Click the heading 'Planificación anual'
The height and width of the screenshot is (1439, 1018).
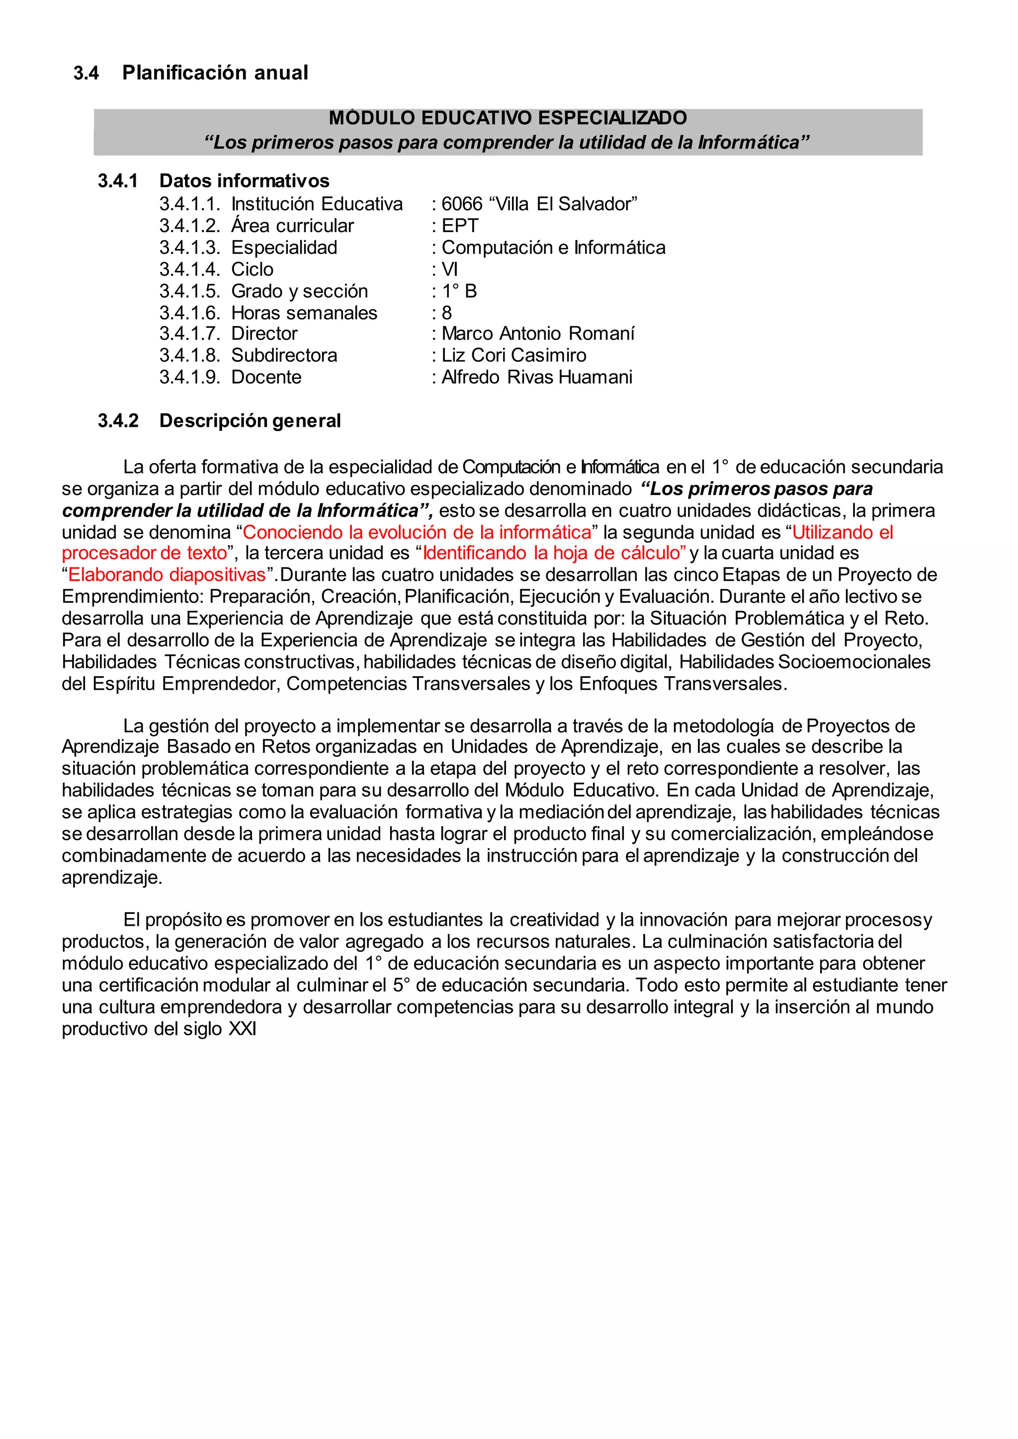[215, 73]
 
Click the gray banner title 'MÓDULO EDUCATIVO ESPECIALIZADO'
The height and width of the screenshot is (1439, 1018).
[508, 118]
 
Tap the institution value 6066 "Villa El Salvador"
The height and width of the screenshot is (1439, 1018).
[539, 204]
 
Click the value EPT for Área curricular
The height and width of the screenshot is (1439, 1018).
[460, 226]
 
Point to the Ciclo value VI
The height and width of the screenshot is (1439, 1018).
[450, 269]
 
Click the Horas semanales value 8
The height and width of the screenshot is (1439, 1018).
[447, 313]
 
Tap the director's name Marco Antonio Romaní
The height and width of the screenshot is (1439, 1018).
[538, 333]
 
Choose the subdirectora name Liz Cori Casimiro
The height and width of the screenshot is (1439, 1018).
[514, 355]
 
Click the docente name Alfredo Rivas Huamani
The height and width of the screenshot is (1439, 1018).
[536, 377]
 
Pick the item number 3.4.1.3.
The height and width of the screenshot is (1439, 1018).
[189, 247]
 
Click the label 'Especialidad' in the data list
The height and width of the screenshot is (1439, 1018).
[284, 247]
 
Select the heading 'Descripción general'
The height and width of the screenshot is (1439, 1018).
[250, 420]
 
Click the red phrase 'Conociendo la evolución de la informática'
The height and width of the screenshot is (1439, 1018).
[417, 532]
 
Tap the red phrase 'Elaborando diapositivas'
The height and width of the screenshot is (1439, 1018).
[167, 575]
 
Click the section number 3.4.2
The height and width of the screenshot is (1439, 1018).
[118, 420]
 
